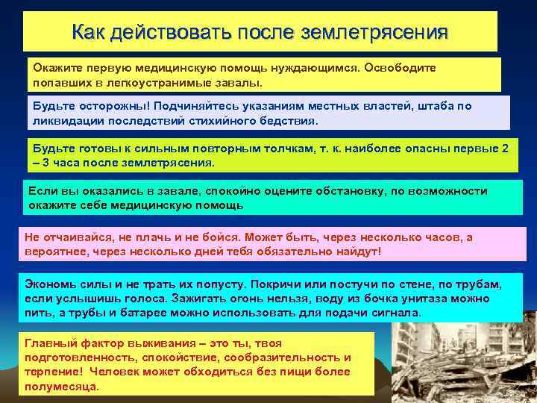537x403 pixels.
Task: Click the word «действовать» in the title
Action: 171,32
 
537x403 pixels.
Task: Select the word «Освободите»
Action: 401,67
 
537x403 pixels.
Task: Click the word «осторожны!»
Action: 113,106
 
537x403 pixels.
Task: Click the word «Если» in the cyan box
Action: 40,191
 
